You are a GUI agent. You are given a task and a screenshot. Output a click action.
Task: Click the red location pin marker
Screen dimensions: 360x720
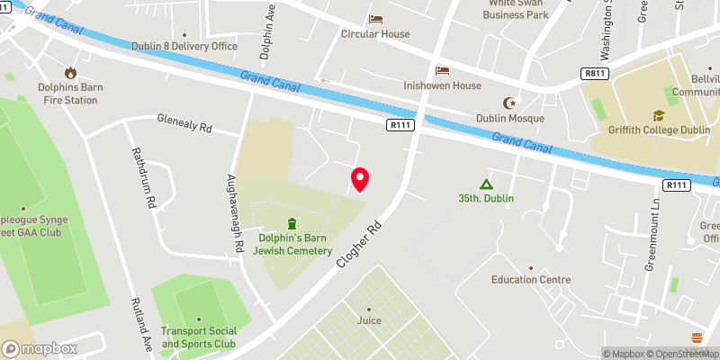(x=360, y=178)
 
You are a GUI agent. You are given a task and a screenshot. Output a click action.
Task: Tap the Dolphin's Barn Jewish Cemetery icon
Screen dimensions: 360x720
(x=292, y=223)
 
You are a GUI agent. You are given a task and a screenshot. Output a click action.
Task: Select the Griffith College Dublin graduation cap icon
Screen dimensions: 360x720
(x=659, y=115)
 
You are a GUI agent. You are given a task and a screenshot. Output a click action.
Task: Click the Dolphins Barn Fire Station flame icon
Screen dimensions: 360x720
(x=69, y=73)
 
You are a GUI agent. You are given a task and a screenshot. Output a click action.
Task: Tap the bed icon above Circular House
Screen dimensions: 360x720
(x=375, y=19)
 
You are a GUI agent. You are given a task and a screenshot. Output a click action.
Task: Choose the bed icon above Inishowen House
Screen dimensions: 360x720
(x=442, y=70)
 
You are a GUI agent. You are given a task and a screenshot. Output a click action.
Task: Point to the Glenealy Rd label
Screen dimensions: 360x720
(x=184, y=124)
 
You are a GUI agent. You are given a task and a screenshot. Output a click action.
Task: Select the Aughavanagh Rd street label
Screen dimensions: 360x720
(x=236, y=212)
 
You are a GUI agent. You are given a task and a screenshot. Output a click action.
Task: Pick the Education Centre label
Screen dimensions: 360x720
(x=531, y=279)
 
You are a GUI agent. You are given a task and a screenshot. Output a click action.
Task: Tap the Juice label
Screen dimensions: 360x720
(x=368, y=320)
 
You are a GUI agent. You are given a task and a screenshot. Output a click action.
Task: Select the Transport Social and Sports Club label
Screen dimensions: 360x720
(x=198, y=337)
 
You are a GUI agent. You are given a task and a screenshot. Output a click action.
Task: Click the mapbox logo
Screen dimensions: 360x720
(x=40, y=348)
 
